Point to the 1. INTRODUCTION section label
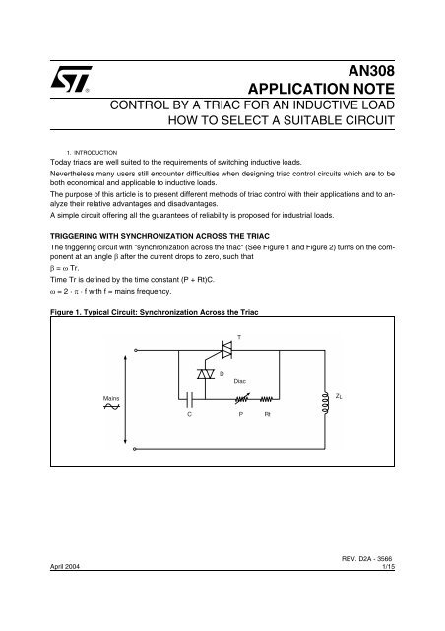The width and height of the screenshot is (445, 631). coord(93,152)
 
